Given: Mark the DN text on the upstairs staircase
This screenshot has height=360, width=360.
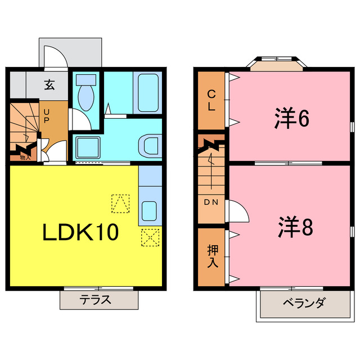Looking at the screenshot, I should click(x=211, y=202).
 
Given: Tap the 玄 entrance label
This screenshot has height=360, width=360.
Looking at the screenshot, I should click(x=49, y=86).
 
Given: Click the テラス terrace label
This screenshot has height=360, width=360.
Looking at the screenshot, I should click(x=99, y=299).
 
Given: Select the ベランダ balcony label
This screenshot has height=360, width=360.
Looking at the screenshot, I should click(x=303, y=304).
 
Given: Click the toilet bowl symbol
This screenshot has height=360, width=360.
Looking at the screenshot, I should click(x=87, y=93).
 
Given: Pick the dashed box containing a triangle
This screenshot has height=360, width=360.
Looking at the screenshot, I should click(x=120, y=204).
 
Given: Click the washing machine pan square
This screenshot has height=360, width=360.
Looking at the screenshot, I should click(x=87, y=147).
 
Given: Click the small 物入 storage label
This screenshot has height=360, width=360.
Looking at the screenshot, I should click(x=25, y=157).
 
